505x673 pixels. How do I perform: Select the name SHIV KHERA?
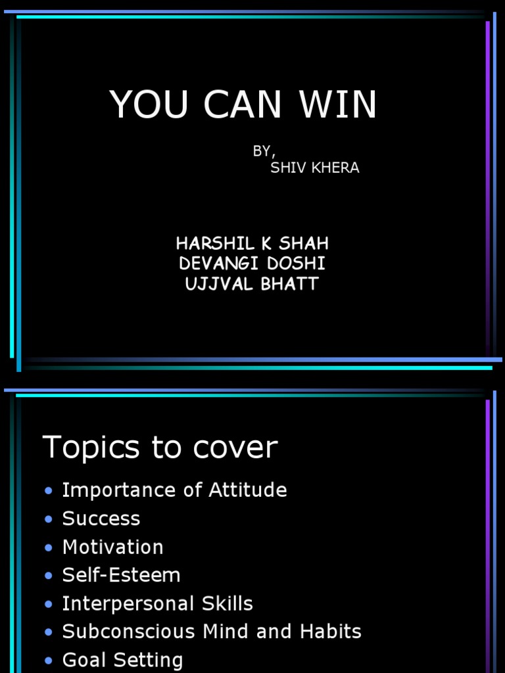(x=315, y=168)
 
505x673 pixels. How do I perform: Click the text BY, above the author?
(x=263, y=151)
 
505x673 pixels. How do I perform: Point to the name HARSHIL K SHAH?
(x=252, y=244)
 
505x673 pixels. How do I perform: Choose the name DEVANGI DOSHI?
(x=252, y=264)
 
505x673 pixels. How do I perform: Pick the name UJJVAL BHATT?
(x=252, y=285)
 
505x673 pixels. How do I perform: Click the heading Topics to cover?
(x=160, y=448)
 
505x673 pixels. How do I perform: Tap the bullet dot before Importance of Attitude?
(x=48, y=491)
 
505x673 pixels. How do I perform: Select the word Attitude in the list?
(x=247, y=490)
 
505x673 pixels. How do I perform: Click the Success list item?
(x=101, y=519)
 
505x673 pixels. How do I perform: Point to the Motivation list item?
(x=112, y=547)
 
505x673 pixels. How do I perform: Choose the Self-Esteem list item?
(x=121, y=575)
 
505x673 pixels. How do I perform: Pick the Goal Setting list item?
(x=122, y=660)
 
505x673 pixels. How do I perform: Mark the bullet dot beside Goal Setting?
(x=48, y=661)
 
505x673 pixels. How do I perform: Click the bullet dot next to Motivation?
(x=48, y=547)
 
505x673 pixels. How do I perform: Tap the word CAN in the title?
(x=243, y=104)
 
